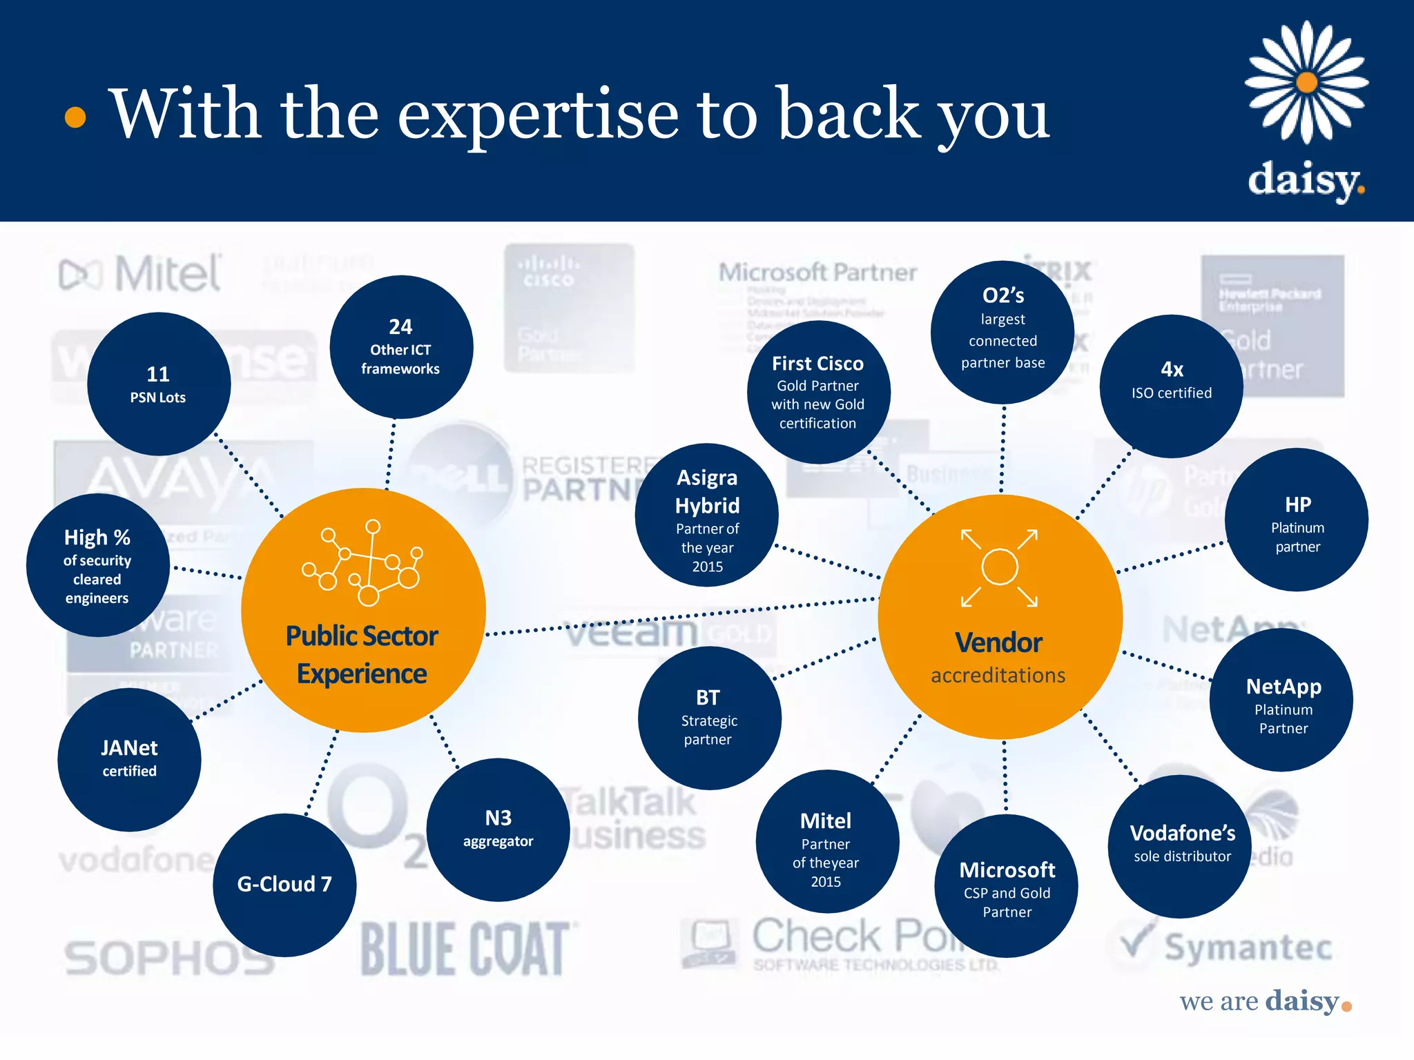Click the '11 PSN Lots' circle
tap(159, 384)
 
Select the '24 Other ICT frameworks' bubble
tap(400, 347)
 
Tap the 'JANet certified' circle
tap(130, 759)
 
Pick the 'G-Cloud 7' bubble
tap(284, 885)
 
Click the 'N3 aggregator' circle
tap(498, 829)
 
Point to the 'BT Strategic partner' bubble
tap(709, 718)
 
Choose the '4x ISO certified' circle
tap(1171, 386)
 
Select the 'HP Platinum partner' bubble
tap(1297, 520)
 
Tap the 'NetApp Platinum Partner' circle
tap(1281, 700)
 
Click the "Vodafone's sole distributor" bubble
tap(1181, 845)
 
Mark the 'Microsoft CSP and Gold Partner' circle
tap(1006, 886)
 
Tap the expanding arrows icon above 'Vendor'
tap(999, 568)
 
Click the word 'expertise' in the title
tap(538, 114)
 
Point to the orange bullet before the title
tap(75, 117)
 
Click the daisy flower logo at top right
tap(1306, 83)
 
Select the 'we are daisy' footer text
tap(1263, 1001)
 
